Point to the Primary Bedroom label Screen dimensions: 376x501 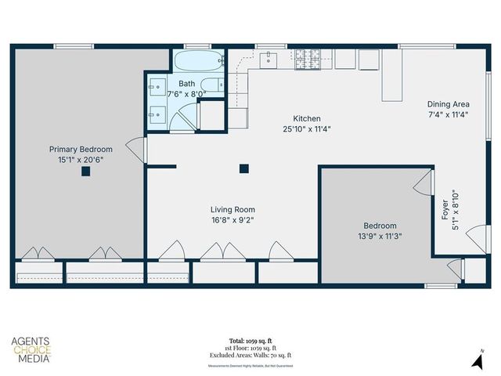pyautogui.click(x=81, y=149)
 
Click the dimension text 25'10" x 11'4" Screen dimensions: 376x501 pyautogui.click(x=306, y=129)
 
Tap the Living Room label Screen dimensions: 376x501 pyautogui.click(x=232, y=209)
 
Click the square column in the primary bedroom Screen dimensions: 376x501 pyautogui.click(x=85, y=172)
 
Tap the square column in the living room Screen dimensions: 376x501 pyautogui.click(x=244, y=168)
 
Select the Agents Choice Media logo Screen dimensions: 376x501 pyautogui.click(x=31, y=350)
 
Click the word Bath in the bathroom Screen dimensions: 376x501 pyautogui.click(x=186, y=84)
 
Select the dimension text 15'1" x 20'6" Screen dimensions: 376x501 pyautogui.click(x=81, y=160)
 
